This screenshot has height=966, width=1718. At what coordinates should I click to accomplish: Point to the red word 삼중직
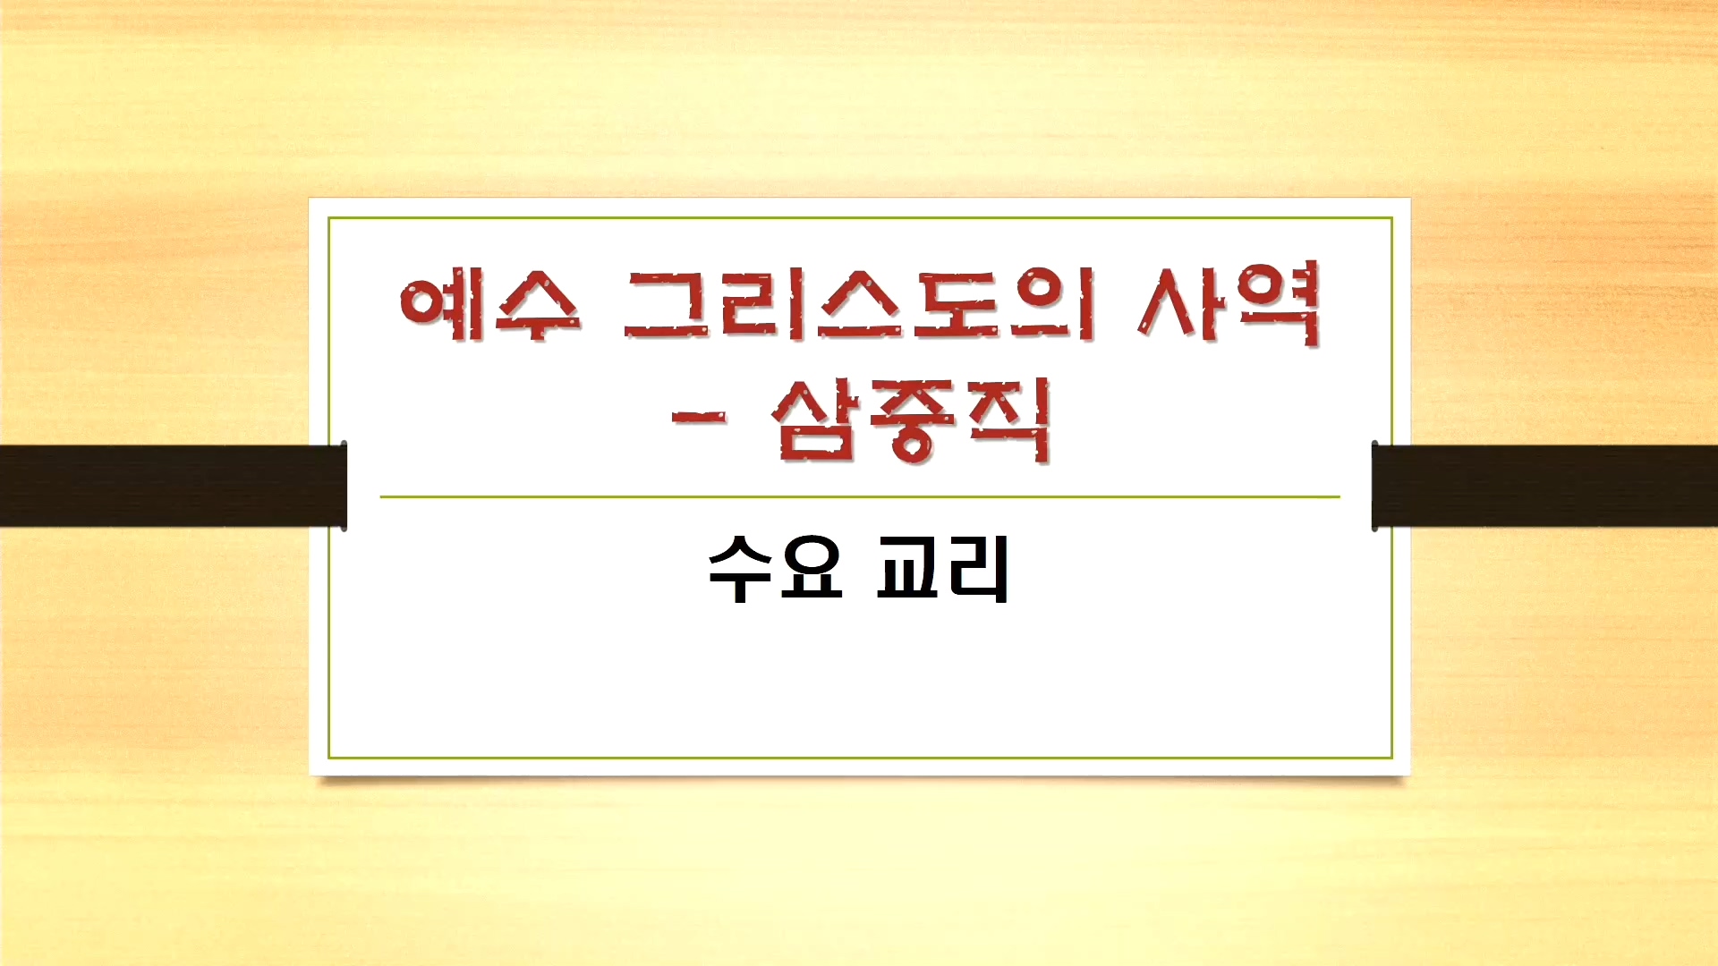(x=910, y=419)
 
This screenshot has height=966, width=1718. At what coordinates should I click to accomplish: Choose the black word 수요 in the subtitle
(x=775, y=569)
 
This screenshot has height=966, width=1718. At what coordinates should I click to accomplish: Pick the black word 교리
(x=943, y=569)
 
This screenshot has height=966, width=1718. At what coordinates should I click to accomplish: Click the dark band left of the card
(x=174, y=486)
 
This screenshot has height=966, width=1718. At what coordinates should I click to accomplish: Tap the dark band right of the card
(x=1544, y=486)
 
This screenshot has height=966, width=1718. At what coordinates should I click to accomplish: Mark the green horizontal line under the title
(x=860, y=496)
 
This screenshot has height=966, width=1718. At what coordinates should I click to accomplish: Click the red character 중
(x=911, y=420)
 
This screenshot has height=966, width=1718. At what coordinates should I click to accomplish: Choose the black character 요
(x=811, y=569)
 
